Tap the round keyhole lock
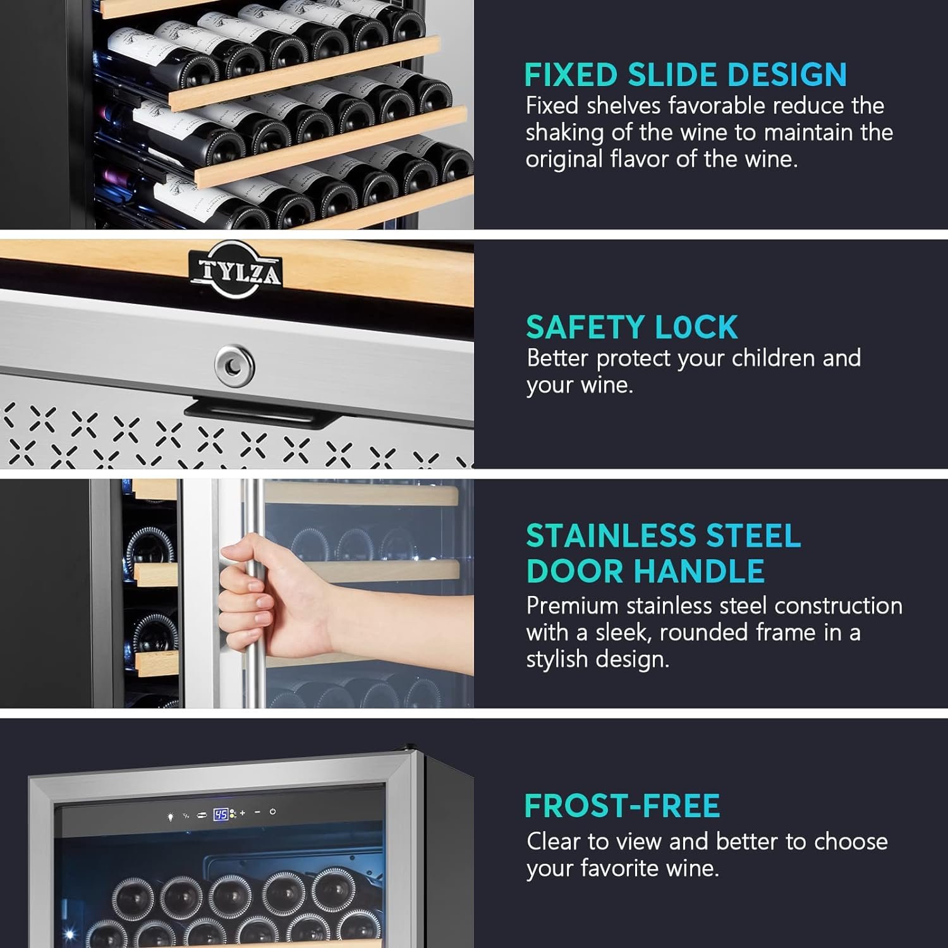click(234, 365)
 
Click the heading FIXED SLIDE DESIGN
click(686, 75)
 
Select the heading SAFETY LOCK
click(632, 327)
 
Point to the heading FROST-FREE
click(623, 805)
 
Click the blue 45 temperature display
click(221, 814)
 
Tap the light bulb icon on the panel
click(170, 816)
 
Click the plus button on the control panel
click(242, 813)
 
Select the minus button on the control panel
click(257, 812)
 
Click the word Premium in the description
click(573, 605)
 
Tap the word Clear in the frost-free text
click(554, 841)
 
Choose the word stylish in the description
click(557, 659)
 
